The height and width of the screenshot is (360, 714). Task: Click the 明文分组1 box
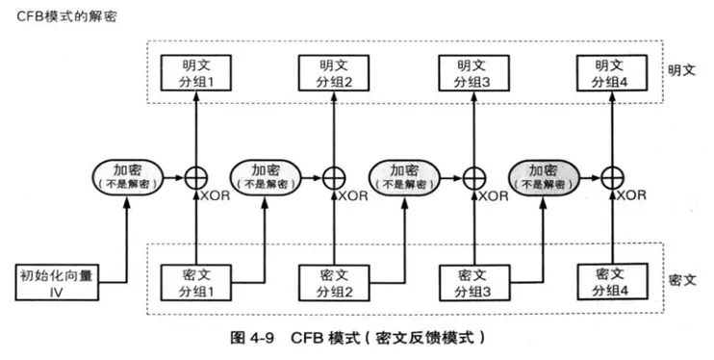tap(195, 74)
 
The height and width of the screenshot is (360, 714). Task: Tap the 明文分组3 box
tap(472, 74)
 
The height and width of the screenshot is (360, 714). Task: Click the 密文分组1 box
tap(195, 281)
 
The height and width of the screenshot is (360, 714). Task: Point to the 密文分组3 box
tap(472, 281)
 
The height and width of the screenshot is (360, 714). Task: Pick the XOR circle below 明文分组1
tap(195, 177)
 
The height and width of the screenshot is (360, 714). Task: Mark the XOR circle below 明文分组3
tap(472, 177)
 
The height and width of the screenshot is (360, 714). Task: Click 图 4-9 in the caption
tap(254, 339)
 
